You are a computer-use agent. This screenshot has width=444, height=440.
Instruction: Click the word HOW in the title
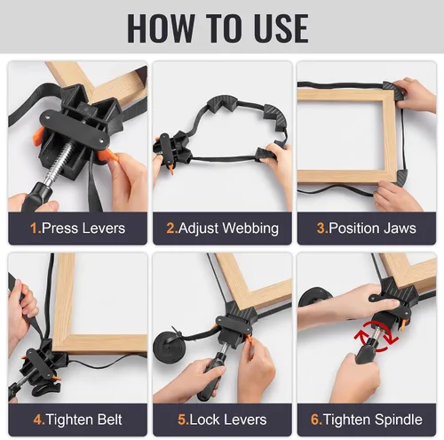pos(162,28)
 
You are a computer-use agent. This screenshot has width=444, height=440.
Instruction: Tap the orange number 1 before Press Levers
pos(35,228)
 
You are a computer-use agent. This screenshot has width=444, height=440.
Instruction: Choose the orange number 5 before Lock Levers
pos(182,420)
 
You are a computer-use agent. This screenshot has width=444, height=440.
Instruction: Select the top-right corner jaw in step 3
pos(394,91)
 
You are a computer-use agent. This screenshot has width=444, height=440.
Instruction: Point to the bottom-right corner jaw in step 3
pos(400,179)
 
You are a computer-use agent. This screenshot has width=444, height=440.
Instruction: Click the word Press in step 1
pos(60,228)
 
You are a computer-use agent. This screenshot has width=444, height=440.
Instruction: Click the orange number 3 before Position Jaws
pos(322,228)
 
